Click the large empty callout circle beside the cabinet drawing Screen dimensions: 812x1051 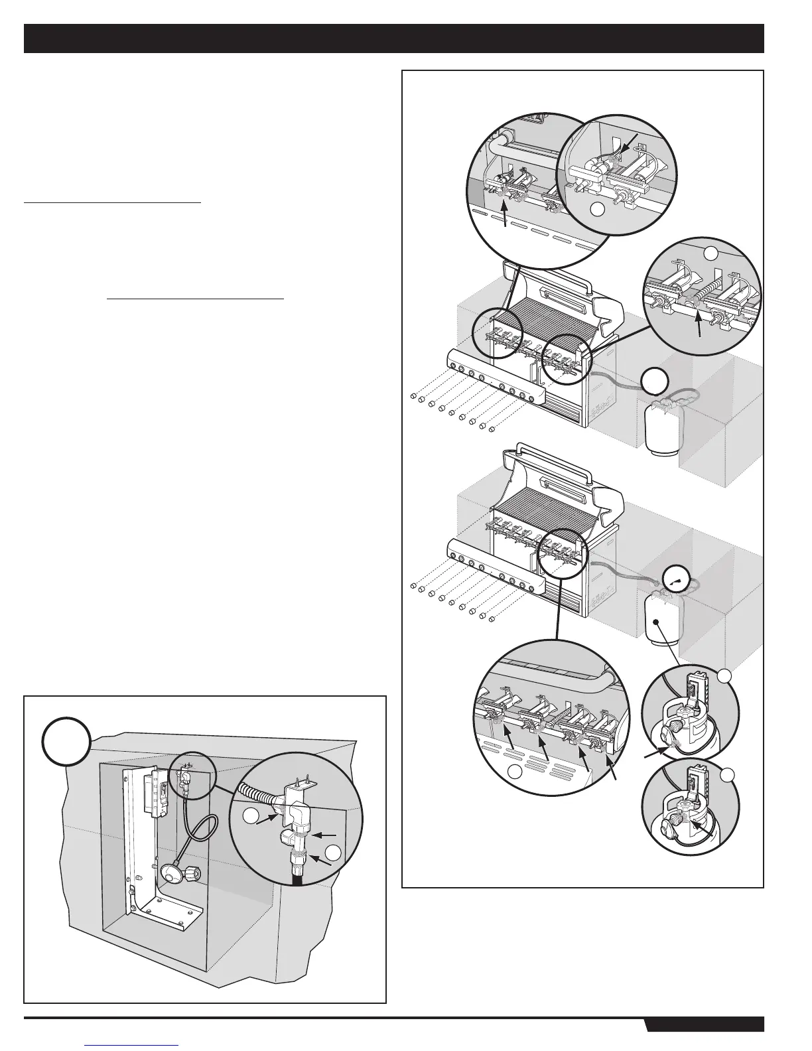[x=66, y=740]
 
